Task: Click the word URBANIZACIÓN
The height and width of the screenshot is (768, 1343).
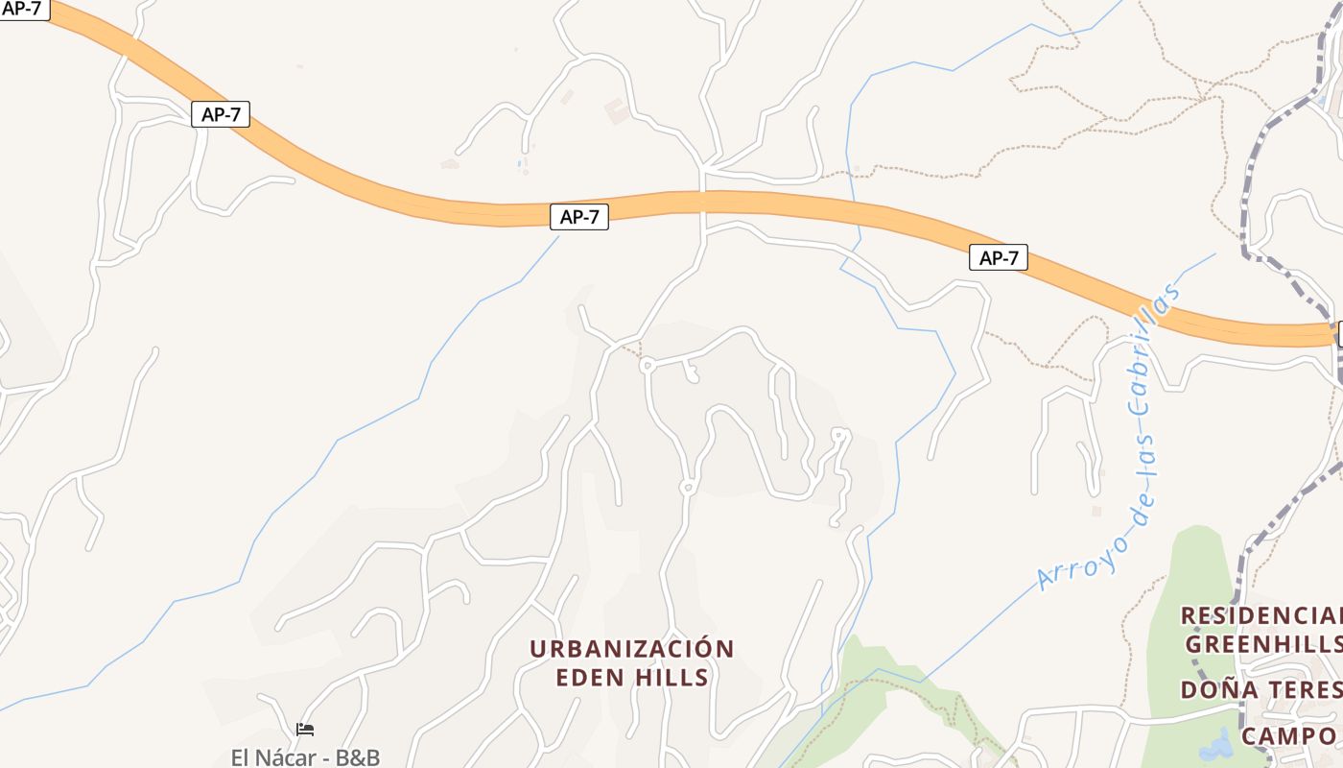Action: point(631,649)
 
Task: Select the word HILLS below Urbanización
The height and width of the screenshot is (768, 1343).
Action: point(671,678)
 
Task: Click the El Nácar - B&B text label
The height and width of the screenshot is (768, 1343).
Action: point(305,756)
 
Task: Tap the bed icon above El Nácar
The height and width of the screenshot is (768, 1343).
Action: point(305,730)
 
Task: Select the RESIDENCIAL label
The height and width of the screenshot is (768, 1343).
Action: point(1261,615)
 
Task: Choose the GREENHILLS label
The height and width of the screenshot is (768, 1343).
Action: point(1262,643)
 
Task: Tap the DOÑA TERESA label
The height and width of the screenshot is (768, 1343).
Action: point(1261,689)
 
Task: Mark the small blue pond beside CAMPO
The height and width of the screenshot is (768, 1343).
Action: point(1217,745)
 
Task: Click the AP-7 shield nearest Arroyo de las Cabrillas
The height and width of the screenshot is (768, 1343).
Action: point(998,257)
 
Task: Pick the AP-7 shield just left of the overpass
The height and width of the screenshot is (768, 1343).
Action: point(578,217)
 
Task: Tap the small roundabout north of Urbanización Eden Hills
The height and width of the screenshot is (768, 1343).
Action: point(687,488)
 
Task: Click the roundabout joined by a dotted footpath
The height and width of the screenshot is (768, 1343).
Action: point(647,365)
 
